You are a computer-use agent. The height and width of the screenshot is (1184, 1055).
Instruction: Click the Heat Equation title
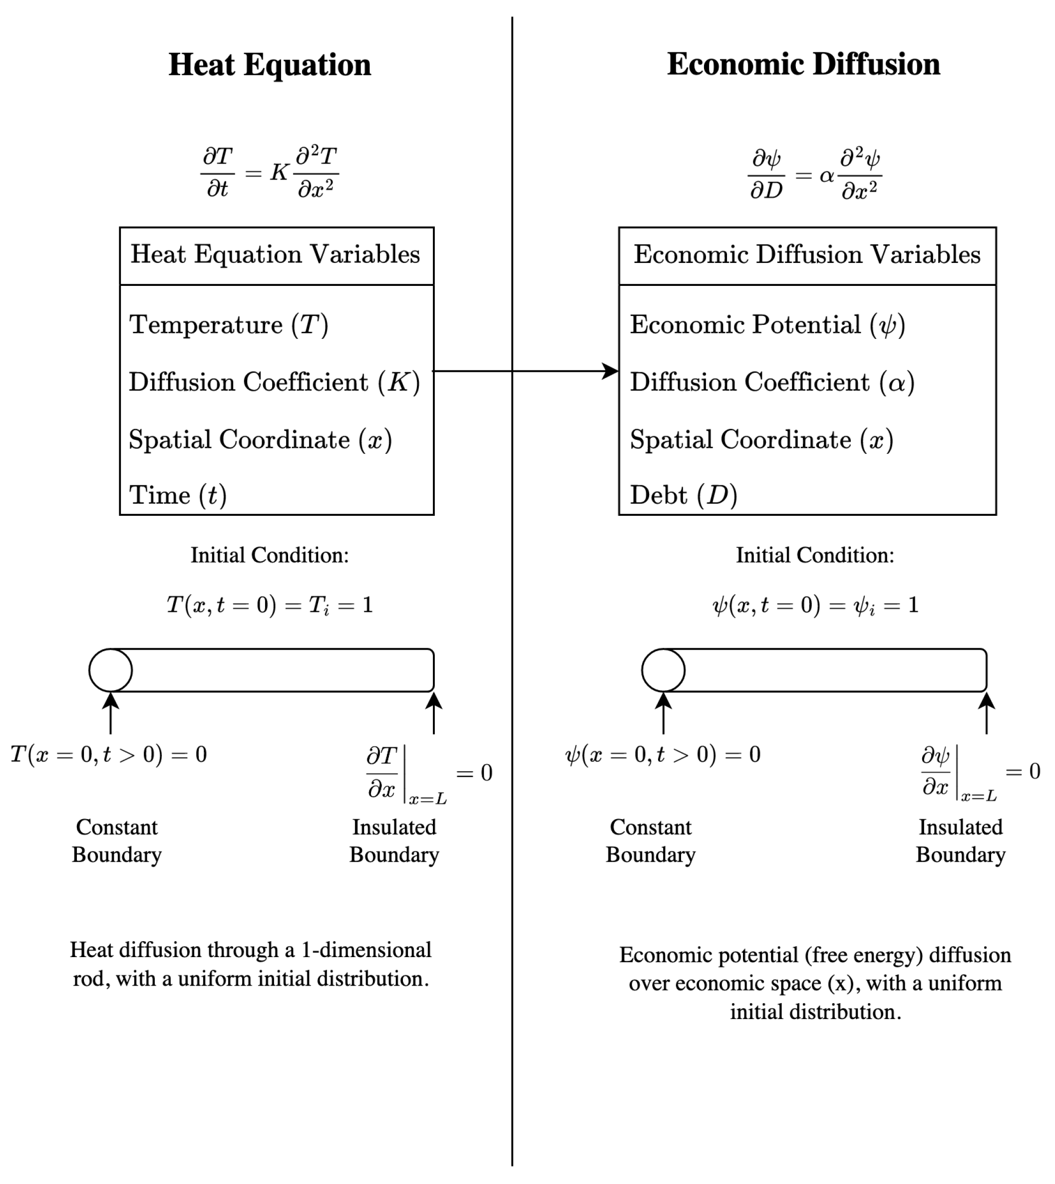[x=270, y=65]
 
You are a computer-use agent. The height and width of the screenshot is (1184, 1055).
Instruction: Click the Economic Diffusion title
[x=803, y=64]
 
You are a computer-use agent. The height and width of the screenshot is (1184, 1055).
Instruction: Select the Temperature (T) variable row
[x=228, y=325]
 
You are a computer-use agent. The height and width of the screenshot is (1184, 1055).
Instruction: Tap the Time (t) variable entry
[x=177, y=495]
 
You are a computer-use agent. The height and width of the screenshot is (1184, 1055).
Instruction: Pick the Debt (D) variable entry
[x=684, y=495]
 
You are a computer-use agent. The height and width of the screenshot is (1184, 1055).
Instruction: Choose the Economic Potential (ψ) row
[x=767, y=325]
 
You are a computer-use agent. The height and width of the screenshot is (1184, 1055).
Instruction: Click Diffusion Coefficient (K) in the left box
[x=274, y=382]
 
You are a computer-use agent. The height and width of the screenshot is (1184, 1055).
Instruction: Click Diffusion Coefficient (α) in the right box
[x=772, y=382]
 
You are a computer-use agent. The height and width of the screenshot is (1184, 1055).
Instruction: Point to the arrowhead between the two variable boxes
[x=611, y=371]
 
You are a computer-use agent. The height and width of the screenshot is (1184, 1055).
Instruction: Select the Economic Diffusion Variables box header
[x=807, y=255]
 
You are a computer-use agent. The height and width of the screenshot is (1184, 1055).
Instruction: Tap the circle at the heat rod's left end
[x=111, y=670]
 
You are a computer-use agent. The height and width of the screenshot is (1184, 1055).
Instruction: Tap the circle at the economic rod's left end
[x=663, y=670]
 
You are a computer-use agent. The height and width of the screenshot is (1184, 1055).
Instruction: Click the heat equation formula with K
[x=270, y=172]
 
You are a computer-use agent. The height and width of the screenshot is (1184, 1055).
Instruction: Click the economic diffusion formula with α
[x=814, y=174]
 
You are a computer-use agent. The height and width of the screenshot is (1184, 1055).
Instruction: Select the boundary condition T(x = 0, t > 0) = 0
[x=109, y=755]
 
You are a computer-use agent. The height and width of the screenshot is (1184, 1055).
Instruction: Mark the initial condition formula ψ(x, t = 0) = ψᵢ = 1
[x=815, y=606]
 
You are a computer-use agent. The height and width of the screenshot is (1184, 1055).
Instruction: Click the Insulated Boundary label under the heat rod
[x=394, y=841]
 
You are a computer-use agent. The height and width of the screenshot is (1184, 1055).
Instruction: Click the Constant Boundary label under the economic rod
[x=651, y=841]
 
